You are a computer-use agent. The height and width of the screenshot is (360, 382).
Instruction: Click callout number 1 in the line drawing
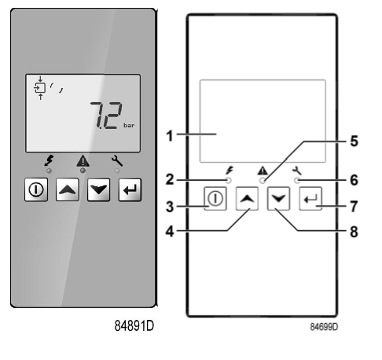(170, 135)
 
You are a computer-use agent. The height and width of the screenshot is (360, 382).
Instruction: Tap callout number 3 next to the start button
(170, 208)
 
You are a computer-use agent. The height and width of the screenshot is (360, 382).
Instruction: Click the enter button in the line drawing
(309, 200)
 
